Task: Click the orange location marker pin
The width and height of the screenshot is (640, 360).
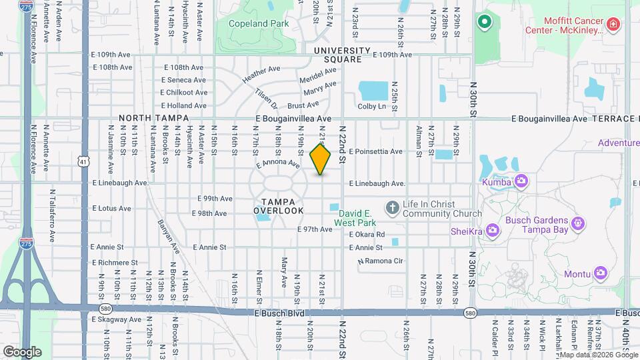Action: click(321, 159)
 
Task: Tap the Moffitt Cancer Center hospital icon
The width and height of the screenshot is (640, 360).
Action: click(613, 26)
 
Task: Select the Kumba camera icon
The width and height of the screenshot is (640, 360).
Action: click(521, 181)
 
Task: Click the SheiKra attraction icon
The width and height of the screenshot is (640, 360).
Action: click(493, 230)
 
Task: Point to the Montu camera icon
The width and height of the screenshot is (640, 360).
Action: click(601, 272)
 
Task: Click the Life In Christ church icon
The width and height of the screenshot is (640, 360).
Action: click(392, 207)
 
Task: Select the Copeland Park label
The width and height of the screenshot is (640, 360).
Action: click(259, 23)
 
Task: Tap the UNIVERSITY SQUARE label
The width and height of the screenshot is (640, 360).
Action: click(342, 55)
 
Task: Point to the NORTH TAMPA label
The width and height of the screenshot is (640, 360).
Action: click(149, 118)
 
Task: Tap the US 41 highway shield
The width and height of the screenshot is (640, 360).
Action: click(83, 161)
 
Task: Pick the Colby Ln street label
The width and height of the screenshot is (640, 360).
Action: click(372, 106)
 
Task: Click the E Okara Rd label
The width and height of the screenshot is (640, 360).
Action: click(367, 235)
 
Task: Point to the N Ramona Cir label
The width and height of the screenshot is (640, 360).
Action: click(381, 261)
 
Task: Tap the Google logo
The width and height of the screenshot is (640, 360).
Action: click(22, 351)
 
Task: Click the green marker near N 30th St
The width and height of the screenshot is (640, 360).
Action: click(485, 22)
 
